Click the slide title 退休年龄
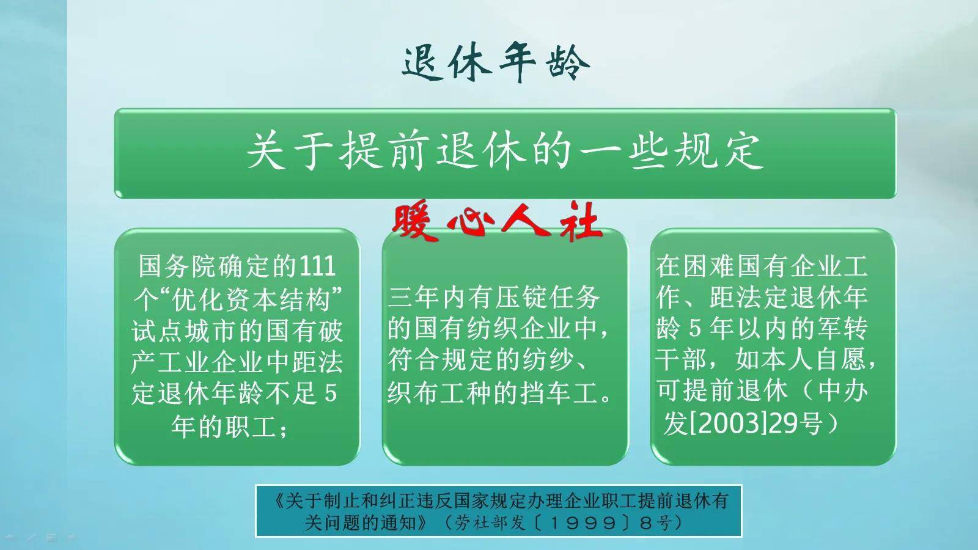point(496,62)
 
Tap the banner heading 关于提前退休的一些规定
point(505,151)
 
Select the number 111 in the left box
point(317,266)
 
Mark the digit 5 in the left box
point(331,394)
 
